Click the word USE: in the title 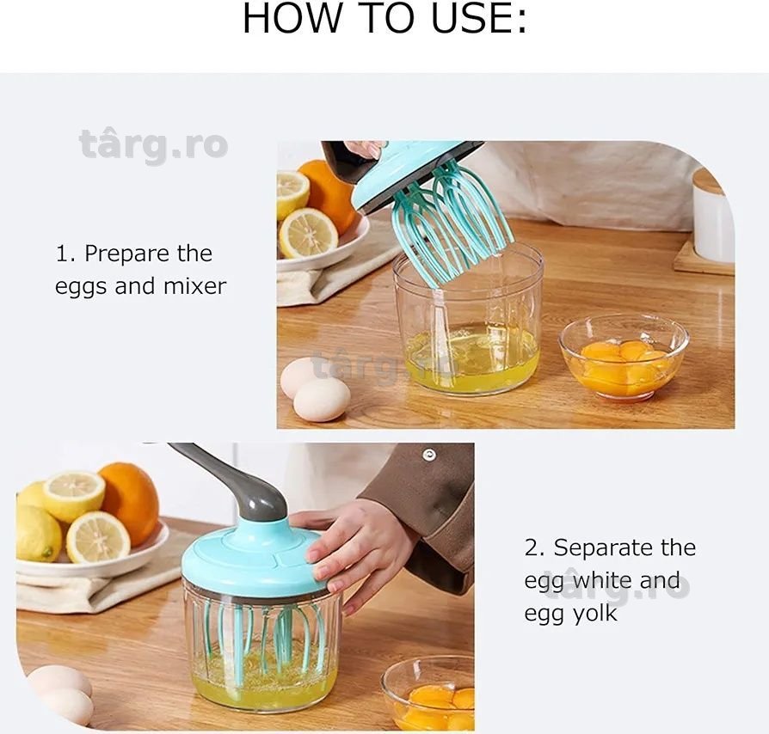[x=478, y=19]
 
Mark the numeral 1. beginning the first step [x=65, y=254]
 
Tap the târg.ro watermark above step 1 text [x=153, y=145]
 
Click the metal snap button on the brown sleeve [x=429, y=455]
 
